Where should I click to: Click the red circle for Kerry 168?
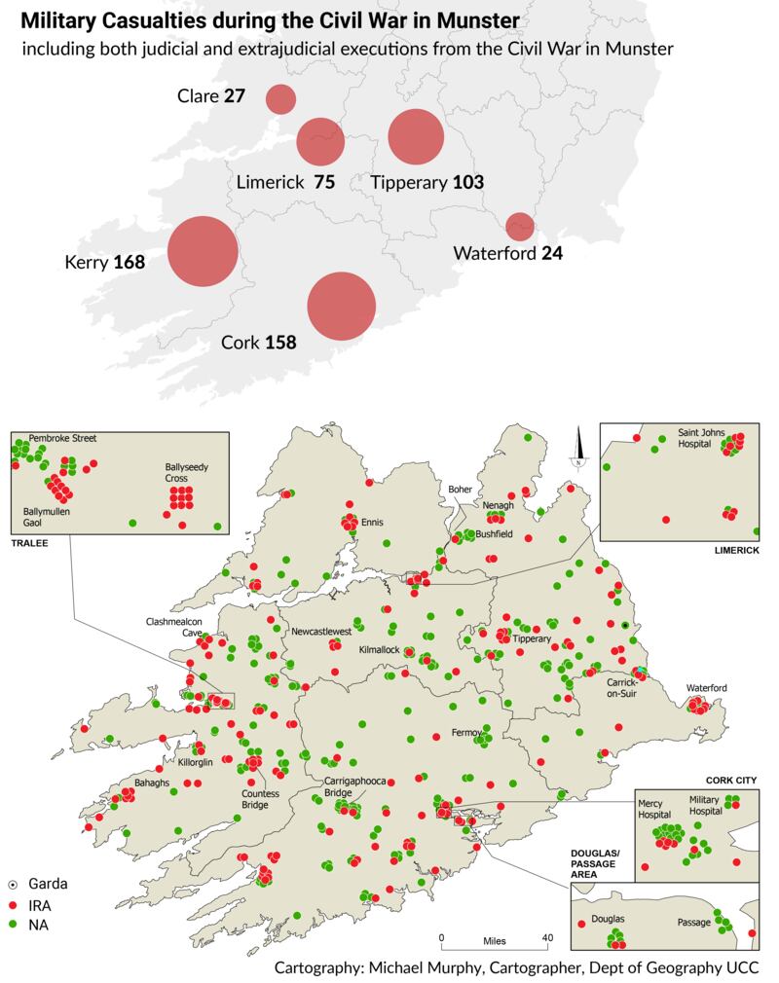[x=204, y=251]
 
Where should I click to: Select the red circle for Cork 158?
[x=342, y=307]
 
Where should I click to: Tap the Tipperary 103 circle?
[x=416, y=137]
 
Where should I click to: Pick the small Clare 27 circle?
[x=280, y=98]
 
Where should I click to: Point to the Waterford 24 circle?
[x=520, y=226]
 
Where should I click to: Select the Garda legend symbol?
[x=13, y=885]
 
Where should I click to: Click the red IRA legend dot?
[x=13, y=905]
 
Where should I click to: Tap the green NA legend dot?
[x=13, y=925]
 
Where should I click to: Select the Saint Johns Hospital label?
[x=697, y=437]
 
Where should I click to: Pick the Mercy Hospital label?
[x=655, y=810]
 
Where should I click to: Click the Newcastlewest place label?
[x=320, y=632]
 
